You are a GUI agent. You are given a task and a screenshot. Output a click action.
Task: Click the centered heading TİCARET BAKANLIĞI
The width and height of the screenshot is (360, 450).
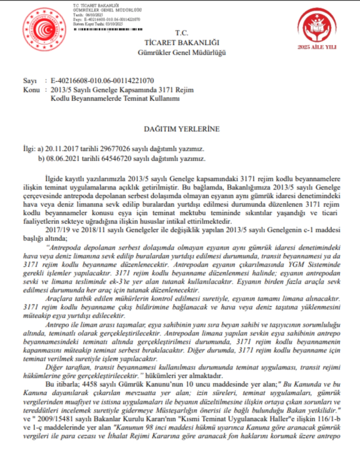tap(181, 43)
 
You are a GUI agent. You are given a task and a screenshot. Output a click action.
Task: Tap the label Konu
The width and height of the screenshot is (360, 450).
tap(30, 90)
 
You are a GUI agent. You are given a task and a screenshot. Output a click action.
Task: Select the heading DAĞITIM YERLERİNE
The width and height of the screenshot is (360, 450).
tap(182, 129)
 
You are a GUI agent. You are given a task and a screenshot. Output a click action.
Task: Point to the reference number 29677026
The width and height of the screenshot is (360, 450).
tap(110, 149)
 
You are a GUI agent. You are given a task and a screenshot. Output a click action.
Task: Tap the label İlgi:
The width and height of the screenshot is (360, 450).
tap(30, 149)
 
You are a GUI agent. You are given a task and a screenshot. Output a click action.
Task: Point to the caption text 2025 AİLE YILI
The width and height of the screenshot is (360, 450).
tap(317, 47)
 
